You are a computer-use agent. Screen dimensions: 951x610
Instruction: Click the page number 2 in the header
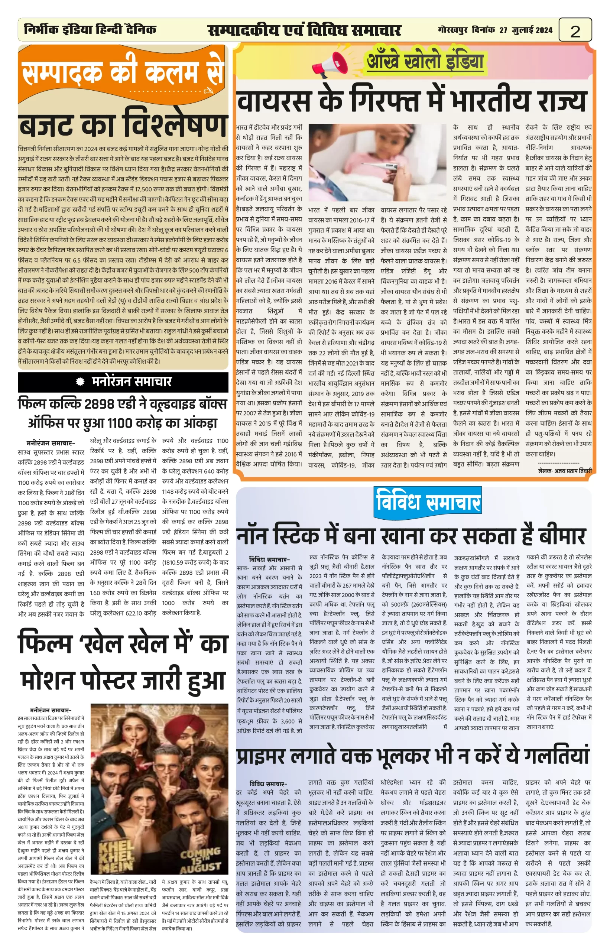coord(575,30)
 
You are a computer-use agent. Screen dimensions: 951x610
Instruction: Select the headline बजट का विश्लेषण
coord(123,125)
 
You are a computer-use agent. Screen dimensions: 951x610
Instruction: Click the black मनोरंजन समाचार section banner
coord(123,382)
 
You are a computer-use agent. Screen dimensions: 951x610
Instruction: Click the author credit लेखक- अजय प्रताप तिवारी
coord(565,471)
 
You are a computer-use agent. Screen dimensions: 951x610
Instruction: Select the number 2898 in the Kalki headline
coord(100,404)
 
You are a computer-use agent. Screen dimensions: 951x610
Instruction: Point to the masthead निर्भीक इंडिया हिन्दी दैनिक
coord(90,29)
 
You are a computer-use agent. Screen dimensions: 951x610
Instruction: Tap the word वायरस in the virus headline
coord(274,102)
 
